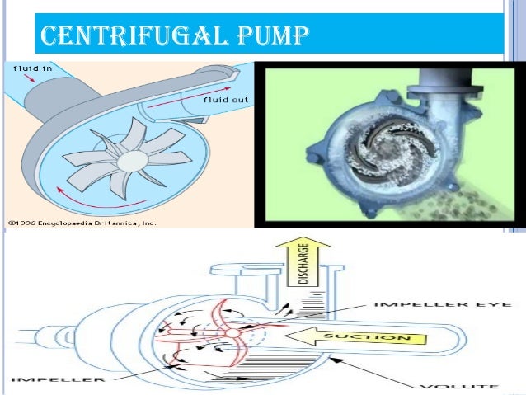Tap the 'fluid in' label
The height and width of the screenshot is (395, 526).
[x=30, y=68]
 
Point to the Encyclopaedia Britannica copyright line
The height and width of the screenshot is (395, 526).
[x=82, y=222]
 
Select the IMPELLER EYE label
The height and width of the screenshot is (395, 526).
[x=448, y=306]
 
